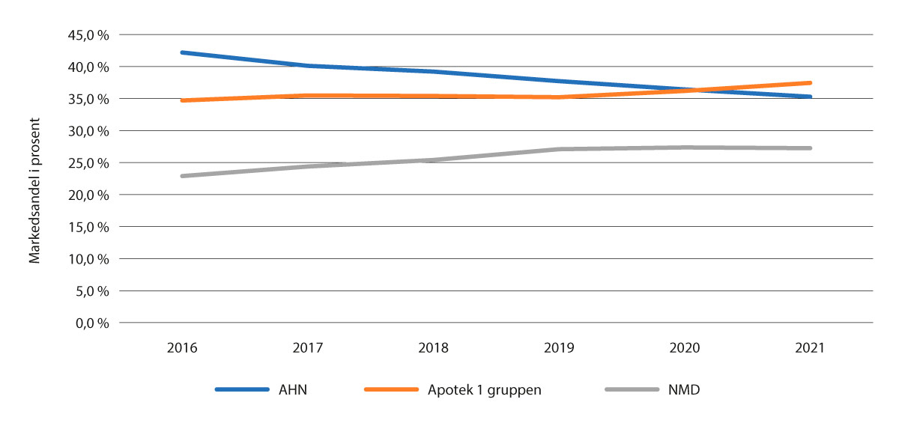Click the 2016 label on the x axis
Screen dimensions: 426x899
[182, 348]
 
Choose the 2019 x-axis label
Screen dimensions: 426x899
[559, 348]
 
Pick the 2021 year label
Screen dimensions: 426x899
[810, 348]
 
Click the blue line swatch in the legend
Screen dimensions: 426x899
[241, 390]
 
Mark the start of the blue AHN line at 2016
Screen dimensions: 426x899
[183, 52]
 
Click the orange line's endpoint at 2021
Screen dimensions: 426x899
[810, 83]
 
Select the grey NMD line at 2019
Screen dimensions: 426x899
[559, 149]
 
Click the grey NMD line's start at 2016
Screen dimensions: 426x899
[183, 176]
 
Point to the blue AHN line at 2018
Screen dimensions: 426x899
[434, 72]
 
